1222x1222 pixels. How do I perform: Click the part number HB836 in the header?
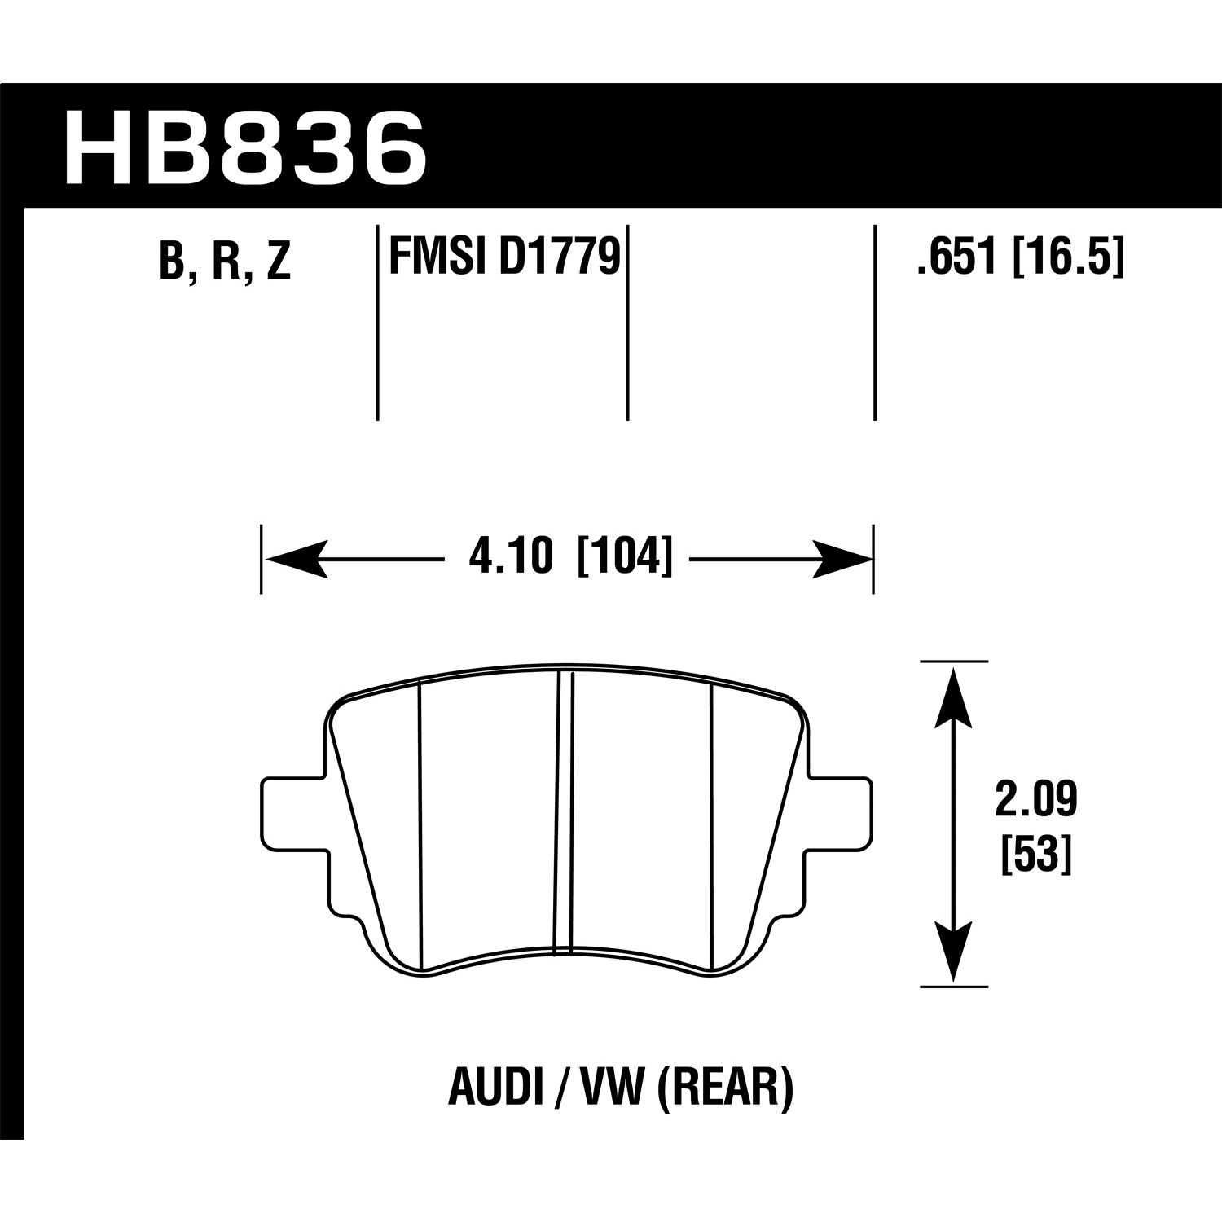tap(244, 150)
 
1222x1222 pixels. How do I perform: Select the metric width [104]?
tap(625, 559)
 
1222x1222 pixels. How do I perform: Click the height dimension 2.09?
tap(1035, 800)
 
